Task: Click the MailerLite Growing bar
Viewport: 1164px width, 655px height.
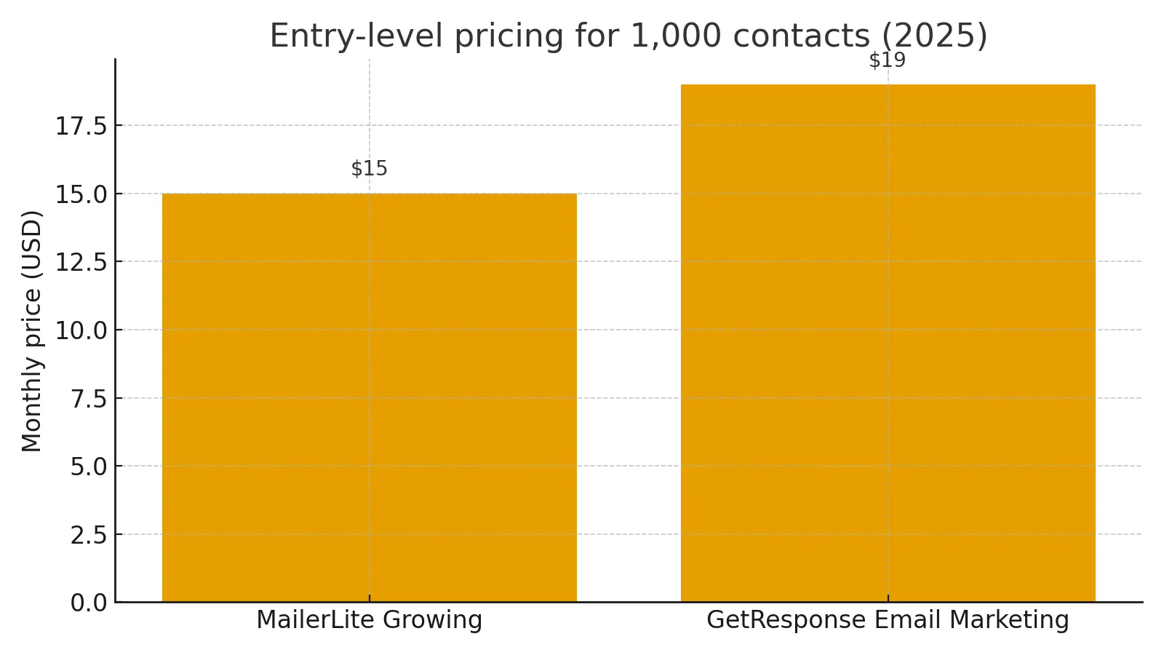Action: click(x=369, y=397)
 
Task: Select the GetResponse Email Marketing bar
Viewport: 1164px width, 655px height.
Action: click(x=888, y=343)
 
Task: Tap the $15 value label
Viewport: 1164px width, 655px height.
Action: click(x=369, y=169)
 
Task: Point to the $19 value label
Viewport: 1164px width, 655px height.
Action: click(x=888, y=60)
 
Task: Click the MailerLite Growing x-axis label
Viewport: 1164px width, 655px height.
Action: click(x=369, y=620)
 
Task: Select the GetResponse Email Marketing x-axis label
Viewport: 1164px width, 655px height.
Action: click(x=888, y=620)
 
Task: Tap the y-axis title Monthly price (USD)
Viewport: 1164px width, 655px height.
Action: click(x=32, y=330)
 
